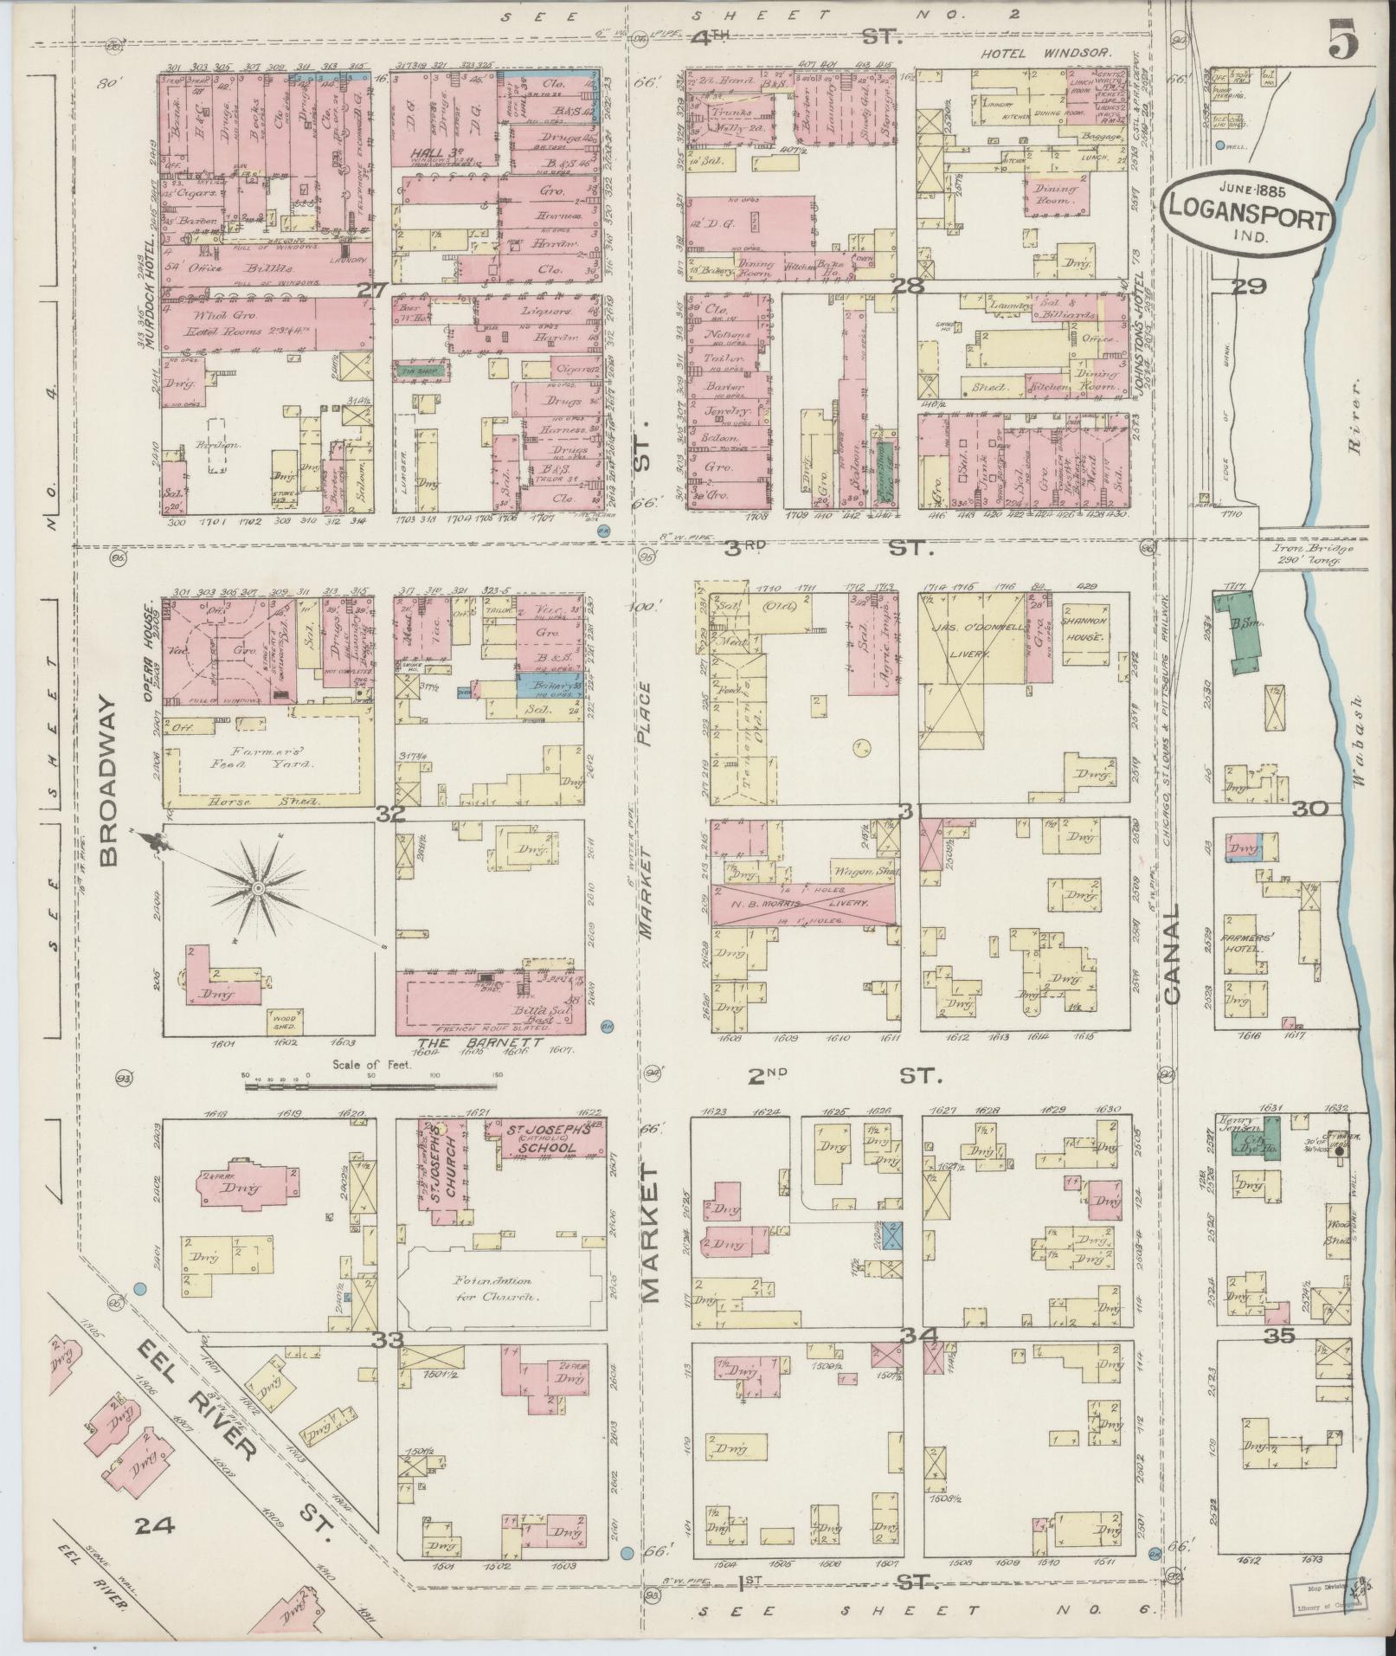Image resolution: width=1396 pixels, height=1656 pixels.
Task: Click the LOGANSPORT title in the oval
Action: pyautogui.click(x=1247, y=219)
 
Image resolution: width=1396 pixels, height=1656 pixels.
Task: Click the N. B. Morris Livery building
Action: pyautogui.click(x=801, y=904)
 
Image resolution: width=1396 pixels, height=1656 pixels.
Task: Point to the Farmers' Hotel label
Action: pyautogui.click(x=1244, y=944)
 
